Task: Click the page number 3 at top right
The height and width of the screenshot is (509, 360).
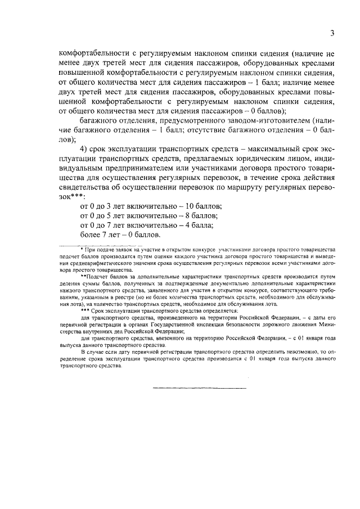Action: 332,33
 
